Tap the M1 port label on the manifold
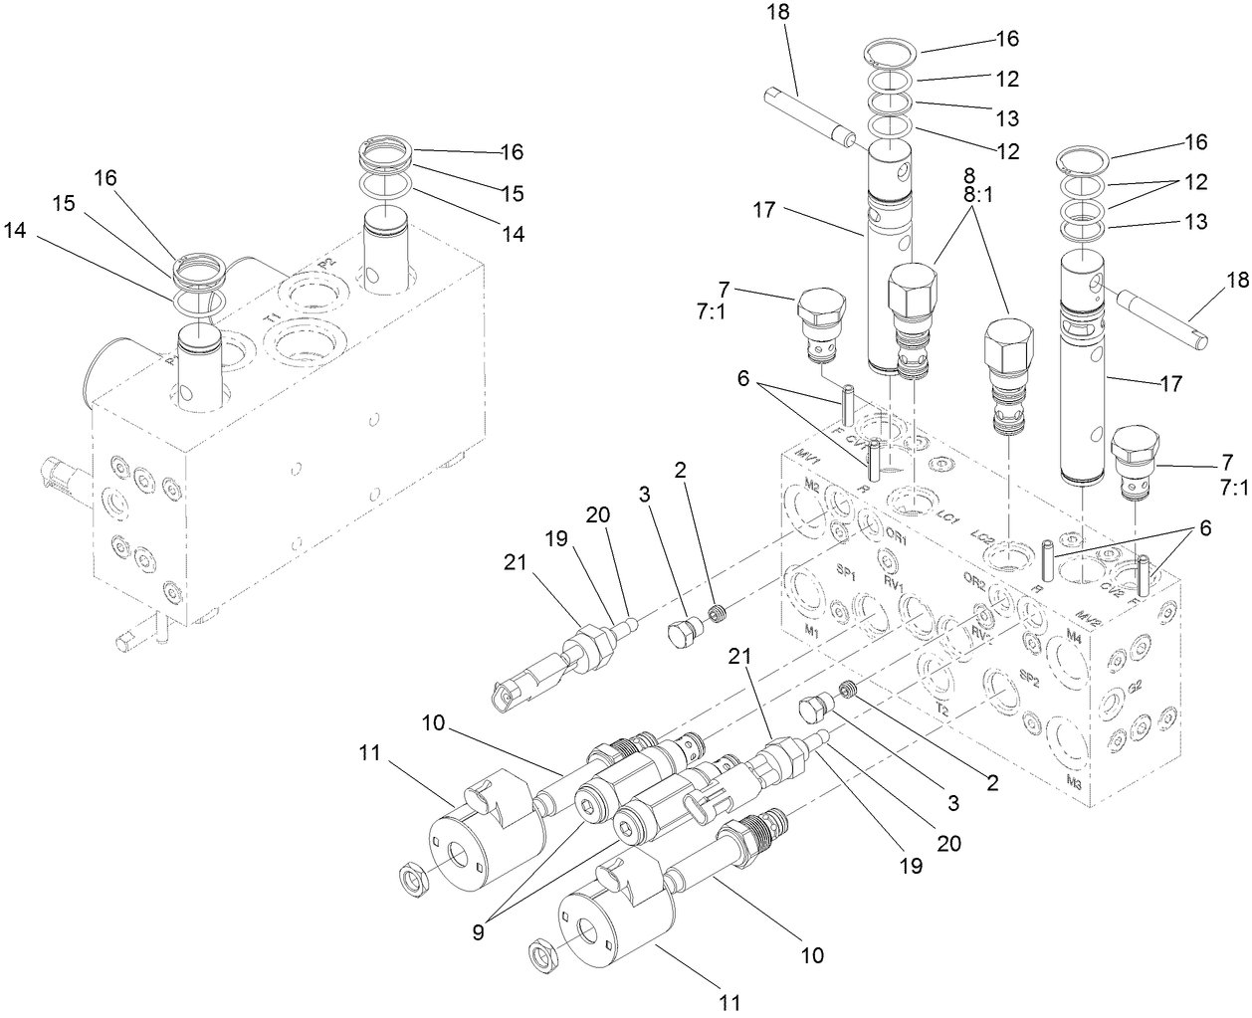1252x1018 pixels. click(811, 632)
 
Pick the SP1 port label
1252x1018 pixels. click(847, 574)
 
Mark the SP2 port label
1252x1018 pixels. click(1029, 681)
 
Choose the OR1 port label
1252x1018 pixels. click(897, 535)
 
